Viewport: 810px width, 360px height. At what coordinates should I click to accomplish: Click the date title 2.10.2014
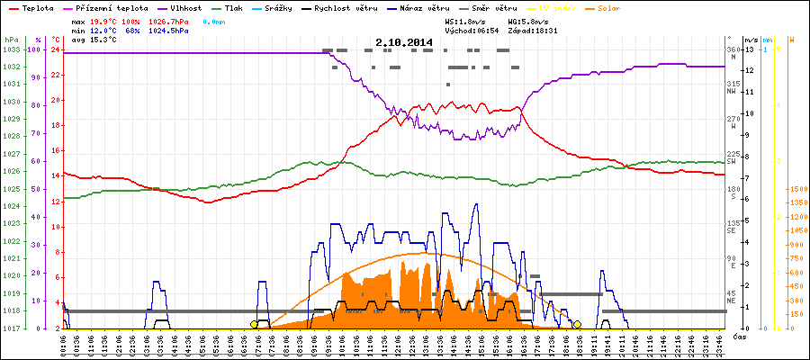pyautogui.click(x=404, y=41)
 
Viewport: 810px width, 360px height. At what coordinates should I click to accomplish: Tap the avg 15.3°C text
pyautogui.click(x=65, y=40)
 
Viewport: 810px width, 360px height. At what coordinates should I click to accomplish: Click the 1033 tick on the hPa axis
pyautogui.click(x=11, y=50)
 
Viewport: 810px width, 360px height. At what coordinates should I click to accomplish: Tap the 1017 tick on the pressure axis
pyautogui.click(x=11, y=328)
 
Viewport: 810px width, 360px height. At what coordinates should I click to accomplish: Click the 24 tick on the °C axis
pyautogui.click(x=56, y=50)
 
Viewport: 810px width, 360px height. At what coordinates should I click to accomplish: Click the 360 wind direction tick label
pyautogui.click(x=733, y=49)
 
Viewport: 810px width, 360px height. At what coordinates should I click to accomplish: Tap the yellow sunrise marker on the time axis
pyautogui.click(x=254, y=325)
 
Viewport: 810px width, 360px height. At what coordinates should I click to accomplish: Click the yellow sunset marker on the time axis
pyautogui.click(x=577, y=325)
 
